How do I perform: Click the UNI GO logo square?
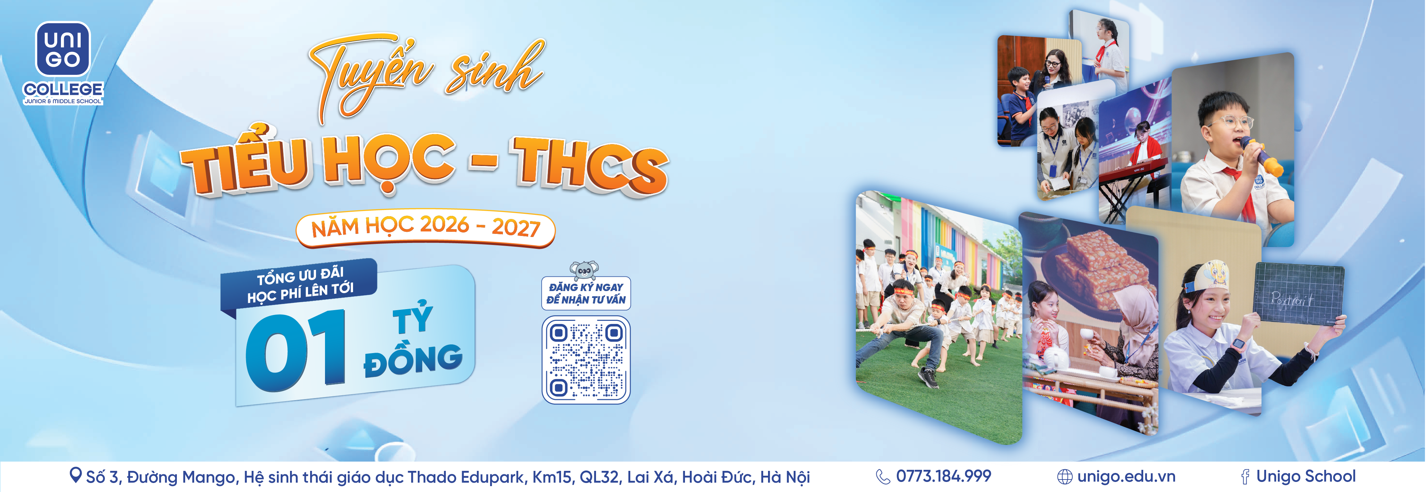(x=63, y=49)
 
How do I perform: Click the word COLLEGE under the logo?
(x=63, y=89)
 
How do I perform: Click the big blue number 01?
(x=296, y=349)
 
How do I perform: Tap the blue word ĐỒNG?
(x=413, y=360)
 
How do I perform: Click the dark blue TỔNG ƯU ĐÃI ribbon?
(x=299, y=284)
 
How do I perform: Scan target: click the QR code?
(x=586, y=360)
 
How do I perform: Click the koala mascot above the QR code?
(x=585, y=270)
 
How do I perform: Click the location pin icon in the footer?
(x=75, y=475)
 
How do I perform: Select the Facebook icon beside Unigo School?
(x=1246, y=476)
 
